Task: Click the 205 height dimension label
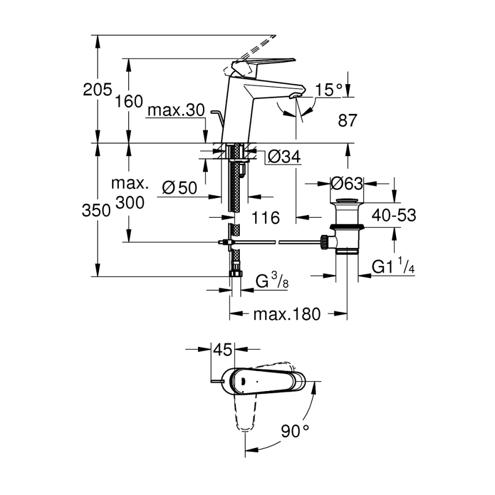pyautogui.click(x=97, y=89)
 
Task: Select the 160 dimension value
pyautogui.click(x=129, y=101)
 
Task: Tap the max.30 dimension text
pyautogui.click(x=175, y=111)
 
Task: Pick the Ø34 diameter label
pyautogui.click(x=284, y=157)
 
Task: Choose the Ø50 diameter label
pyautogui.click(x=179, y=188)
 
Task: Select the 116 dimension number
pyautogui.click(x=266, y=217)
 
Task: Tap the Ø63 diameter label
pyautogui.click(x=346, y=182)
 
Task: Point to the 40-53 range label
pyautogui.click(x=394, y=215)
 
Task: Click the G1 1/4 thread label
pyautogui.click(x=392, y=267)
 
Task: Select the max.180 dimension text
pyautogui.click(x=287, y=315)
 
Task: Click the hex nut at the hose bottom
pyautogui.click(x=235, y=273)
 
